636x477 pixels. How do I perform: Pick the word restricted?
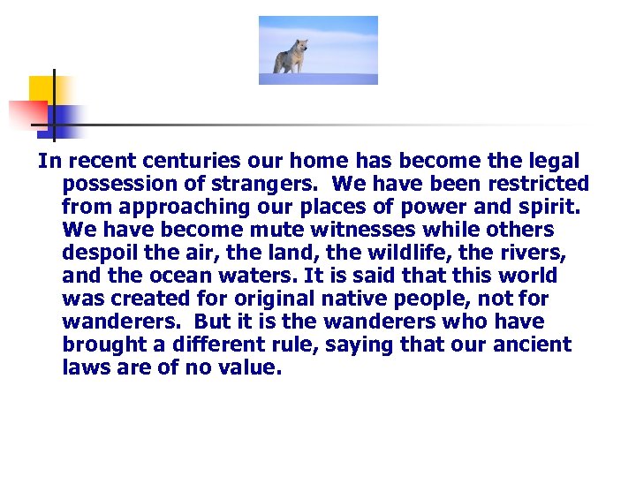click(x=534, y=185)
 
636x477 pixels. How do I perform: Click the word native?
click(x=366, y=299)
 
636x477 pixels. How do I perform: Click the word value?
click(x=250, y=368)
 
